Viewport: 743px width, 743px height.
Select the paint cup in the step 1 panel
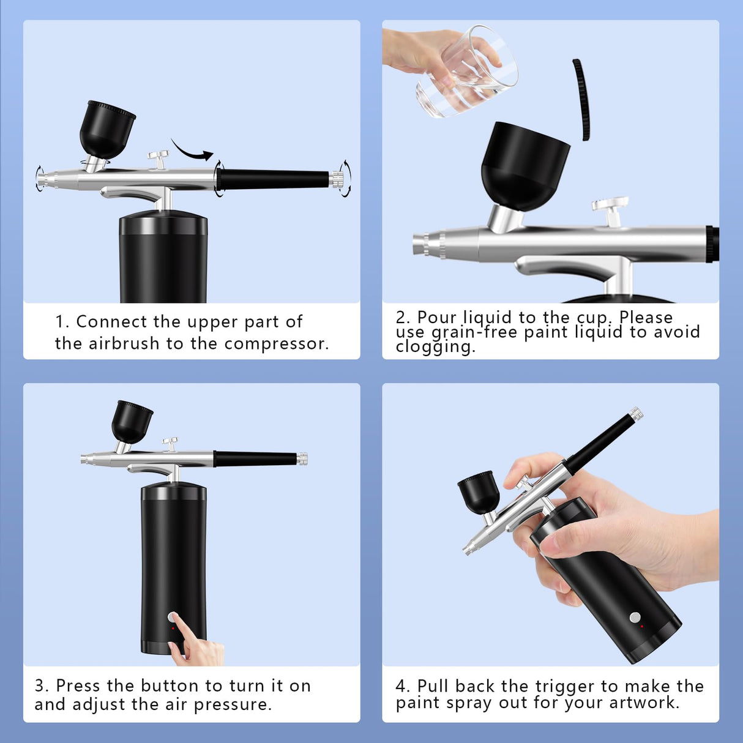[106, 129]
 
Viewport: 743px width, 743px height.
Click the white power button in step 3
[173, 617]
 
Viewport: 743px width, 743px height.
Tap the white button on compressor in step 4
[635, 618]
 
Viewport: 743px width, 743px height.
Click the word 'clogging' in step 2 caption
[435, 347]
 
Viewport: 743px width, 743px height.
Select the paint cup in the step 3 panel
[131, 422]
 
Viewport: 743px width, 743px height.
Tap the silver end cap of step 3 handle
[302, 458]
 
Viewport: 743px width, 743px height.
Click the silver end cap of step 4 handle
[636, 414]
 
